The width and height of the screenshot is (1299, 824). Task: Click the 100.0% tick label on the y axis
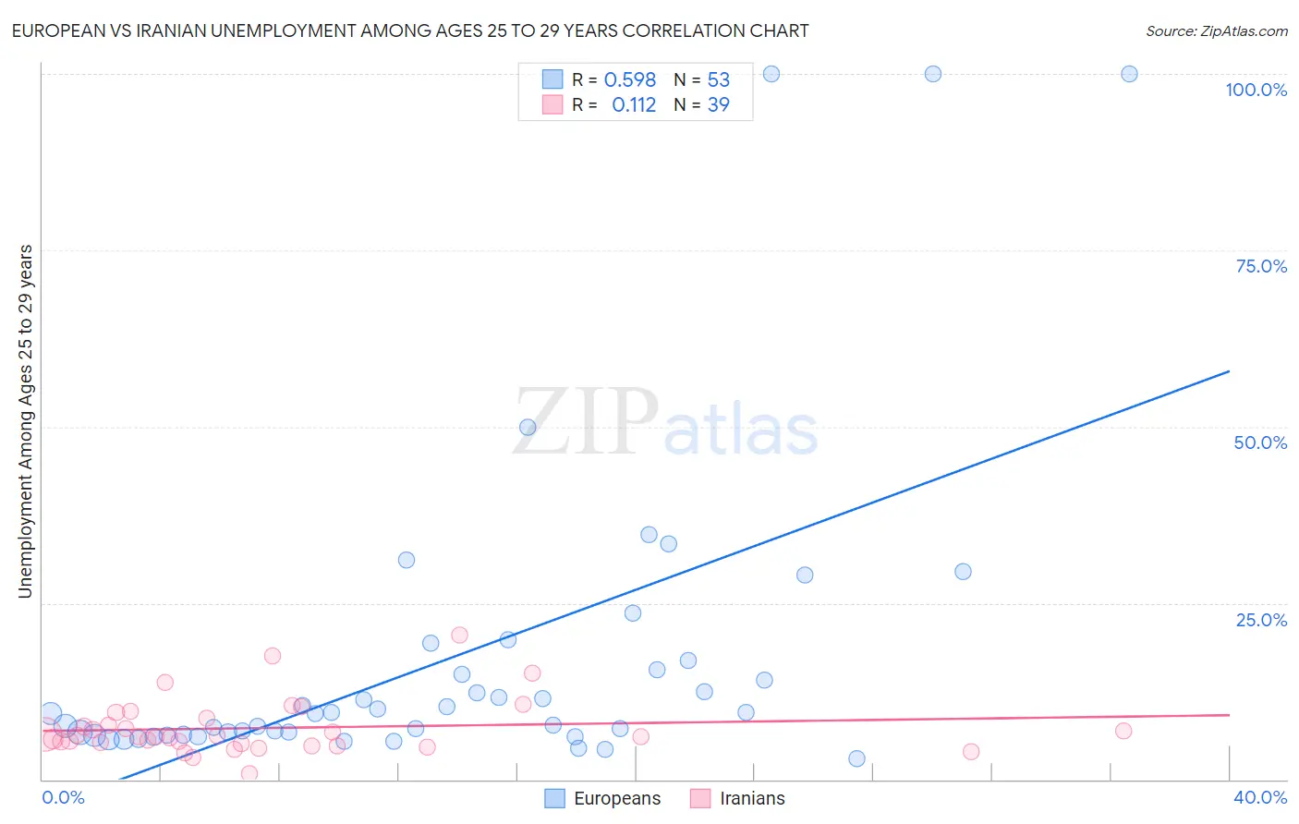(1256, 90)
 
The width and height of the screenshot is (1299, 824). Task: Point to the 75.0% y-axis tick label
(1261, 266)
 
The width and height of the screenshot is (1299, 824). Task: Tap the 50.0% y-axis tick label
(1260, 442)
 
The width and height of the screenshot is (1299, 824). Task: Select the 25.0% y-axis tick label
(1261, 619)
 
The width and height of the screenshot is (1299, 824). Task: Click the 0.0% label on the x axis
(63, 797)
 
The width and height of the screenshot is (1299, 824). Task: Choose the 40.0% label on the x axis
(1260, 797)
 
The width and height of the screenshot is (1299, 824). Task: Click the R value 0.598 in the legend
(629, 79)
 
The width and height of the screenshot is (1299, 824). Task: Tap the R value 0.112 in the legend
(634, 104)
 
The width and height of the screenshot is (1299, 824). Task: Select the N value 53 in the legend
(718, 79)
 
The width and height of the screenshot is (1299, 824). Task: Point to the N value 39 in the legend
(718, 104)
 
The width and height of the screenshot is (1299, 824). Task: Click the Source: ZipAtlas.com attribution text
(1216, 30)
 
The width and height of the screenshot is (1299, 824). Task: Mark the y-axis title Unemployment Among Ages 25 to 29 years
(25, 421)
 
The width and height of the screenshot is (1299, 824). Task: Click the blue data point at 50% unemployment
(528, 427)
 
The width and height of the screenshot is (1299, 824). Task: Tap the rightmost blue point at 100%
(1129, 74)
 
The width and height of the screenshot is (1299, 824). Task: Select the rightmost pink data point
(1123, 731)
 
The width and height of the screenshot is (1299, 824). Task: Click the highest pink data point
(459, 635)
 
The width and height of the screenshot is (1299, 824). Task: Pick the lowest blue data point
(856, 758)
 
